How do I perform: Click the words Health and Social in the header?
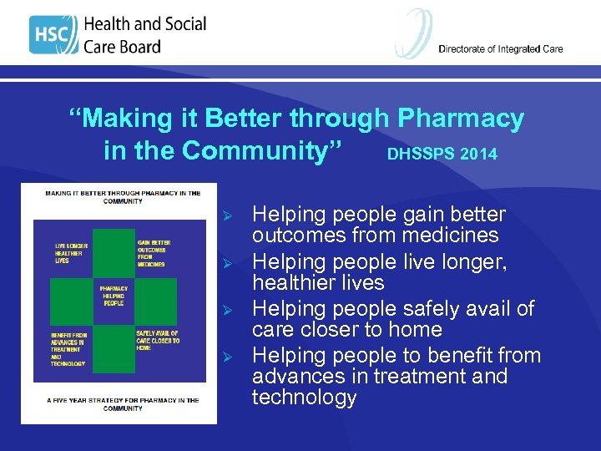[x=144, y=24]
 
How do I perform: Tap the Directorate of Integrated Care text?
[x=500, y=48]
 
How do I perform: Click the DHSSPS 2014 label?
[x=442, y=155]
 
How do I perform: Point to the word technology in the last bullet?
[x=304, y=397]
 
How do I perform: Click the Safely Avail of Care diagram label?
[x=157, y=341]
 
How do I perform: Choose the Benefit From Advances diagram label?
[x=70, y=348]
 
